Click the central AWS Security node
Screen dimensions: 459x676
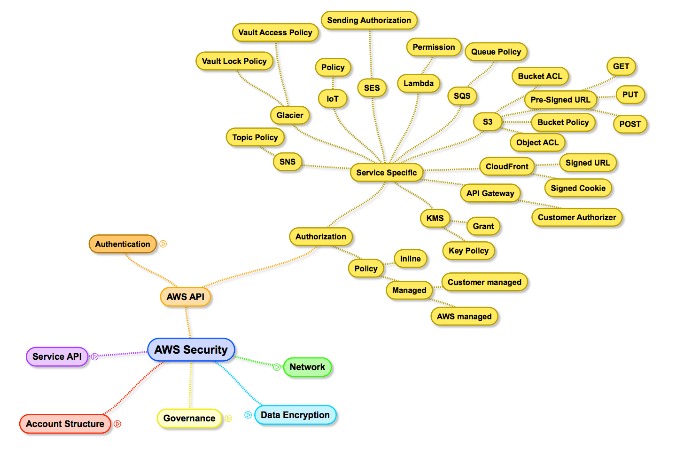(191, 350)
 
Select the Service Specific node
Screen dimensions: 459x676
(386, 173)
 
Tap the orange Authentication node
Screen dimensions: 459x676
(123, 244)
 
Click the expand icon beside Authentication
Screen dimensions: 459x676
(163, 244)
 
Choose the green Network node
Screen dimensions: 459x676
(307, 367)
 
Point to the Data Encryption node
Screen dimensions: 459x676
(295, 415)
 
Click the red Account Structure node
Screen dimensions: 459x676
(65, 424)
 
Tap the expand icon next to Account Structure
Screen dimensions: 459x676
(117, 424)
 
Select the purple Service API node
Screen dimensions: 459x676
(57, 356)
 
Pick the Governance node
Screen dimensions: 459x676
(189, 418)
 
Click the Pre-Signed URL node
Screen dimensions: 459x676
(560, 100)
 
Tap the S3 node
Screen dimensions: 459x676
(488, 122)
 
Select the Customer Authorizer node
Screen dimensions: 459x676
(577, 217)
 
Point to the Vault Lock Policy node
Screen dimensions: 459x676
(234, 61)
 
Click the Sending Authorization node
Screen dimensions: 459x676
(369, 20)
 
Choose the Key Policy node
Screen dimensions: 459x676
(468, 251)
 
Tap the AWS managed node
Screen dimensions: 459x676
(464, 317)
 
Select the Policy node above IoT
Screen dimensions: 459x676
(333, 67)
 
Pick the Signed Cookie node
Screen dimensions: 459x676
(578, 188)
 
